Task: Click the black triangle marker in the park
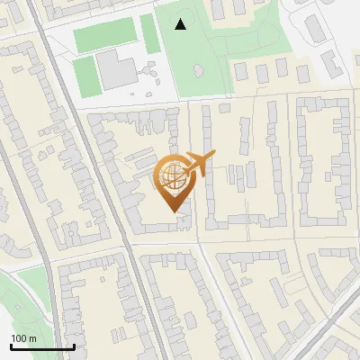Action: click(x=181, y=24)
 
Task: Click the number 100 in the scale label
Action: click(x=19, y=337)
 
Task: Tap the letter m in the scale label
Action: click(x=32, y=337)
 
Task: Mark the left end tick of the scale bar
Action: click(x=11, y=346)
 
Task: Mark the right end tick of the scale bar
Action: click(x=74, y=346)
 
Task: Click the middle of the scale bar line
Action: click(x=42, y=347)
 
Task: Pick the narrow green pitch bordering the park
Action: click(x=148, y=32)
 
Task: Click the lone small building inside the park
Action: click(x=197, y=70)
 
